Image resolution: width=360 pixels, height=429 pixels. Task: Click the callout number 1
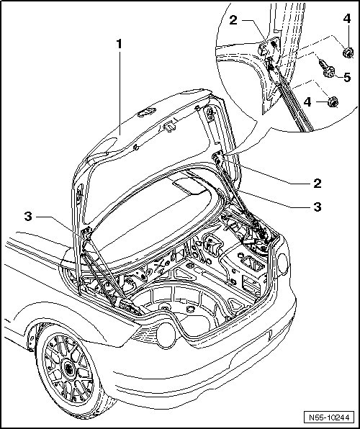coord(119,44)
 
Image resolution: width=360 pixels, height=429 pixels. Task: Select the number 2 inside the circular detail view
coord(233,20)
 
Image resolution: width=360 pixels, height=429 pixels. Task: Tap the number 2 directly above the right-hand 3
coord(318,184)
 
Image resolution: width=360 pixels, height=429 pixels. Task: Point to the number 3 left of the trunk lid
coord(28,217)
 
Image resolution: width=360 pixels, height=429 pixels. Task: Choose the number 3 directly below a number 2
coord(318,207)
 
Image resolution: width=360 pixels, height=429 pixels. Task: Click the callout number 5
coord(347,78)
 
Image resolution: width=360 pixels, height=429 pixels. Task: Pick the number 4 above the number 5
coord(347,19)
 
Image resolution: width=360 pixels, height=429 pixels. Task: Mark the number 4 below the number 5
coord(307,102)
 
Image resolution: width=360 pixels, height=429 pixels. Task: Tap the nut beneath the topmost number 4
coord(348,53)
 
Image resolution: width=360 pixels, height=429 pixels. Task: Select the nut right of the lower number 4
coord(333,101)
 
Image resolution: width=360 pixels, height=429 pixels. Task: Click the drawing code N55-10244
coord(329,417)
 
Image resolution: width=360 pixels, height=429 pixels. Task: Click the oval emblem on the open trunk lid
coord(147,112)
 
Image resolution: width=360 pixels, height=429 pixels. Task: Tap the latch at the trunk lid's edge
coord(169,126)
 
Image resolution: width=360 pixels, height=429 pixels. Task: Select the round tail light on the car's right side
coord(283,263)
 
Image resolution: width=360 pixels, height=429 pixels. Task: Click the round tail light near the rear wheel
coord(166,335)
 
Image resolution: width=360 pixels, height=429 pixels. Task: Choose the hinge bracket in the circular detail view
coord(269,48)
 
